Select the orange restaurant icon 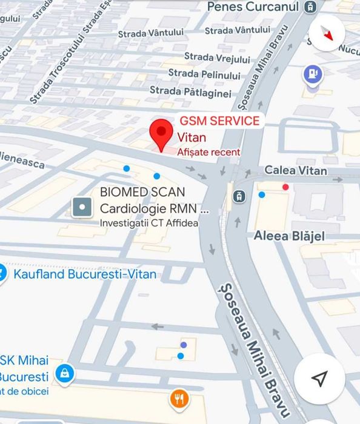(x=179, y=399)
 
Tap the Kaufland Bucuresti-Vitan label (x=85, y=274)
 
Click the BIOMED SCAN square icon (x=82, y=208)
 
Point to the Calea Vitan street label (x=296, y=171)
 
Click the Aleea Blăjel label (x=290, y=236)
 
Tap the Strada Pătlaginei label (x=190, y=92)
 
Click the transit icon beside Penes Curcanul (x=310, y=7)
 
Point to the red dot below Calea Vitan (x=285, y=187)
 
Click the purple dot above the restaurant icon (x=184, y=345)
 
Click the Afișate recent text (x=208, y=152)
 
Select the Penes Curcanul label (x=253, y=7)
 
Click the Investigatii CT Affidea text (x=149, y=223)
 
